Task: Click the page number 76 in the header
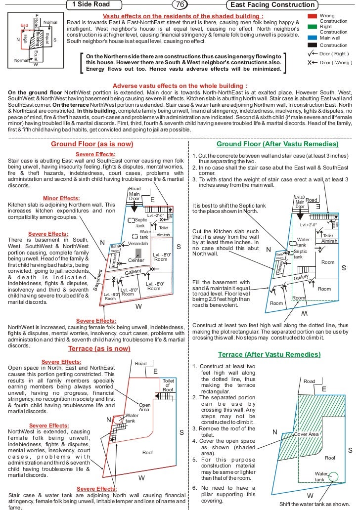(180, 5)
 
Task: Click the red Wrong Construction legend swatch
(312, 16)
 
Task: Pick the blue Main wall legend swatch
(312, 37)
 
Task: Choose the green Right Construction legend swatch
(312, 27)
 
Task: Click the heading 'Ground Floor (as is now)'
(92, 144)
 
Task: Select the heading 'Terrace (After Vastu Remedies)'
(269, 355)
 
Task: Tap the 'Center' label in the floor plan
(136, 260)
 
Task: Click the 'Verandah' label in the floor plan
(138, 244)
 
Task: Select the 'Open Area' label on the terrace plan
(144, 407)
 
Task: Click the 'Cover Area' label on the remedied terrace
(307, 434)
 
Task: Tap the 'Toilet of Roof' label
(168, 385)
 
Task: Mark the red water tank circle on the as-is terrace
(118, 420)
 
